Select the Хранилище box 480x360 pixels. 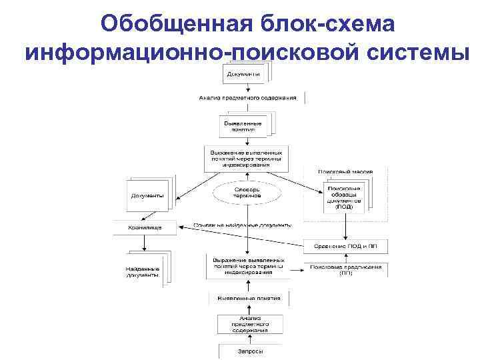pos(145,228)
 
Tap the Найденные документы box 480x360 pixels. pos(143,271)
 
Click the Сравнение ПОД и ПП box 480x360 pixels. pos(345,245)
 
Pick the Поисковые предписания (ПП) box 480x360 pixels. pos(345,270)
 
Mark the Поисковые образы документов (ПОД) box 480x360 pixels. pos(344,197)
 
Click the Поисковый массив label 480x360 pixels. pos(345,171)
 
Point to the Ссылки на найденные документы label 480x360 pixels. pos(242,225)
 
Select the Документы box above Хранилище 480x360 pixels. pos(146,195)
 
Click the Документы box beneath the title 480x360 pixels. pos(243,73)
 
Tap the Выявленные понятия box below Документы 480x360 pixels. pos(243,125)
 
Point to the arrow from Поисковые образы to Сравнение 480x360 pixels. pos(345,227)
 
